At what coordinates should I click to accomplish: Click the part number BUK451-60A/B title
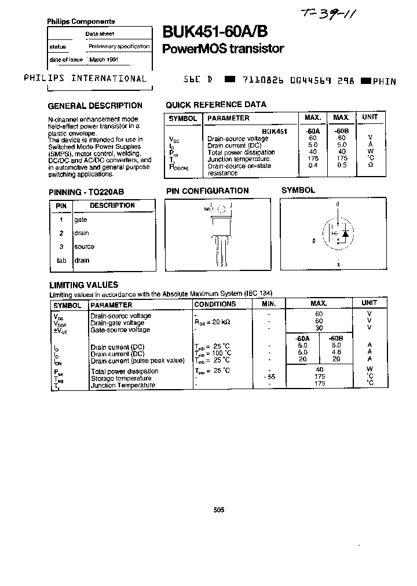[210, 32]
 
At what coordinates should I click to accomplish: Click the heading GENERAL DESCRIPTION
[94, 105]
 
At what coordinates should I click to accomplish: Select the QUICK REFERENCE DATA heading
[216, 105]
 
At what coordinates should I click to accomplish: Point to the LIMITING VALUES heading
[83, 285]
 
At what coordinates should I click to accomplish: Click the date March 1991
[104, 60]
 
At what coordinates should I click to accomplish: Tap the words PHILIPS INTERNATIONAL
[85, 79]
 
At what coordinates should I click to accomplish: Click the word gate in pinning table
[81, 219]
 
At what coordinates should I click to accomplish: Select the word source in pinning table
[84, 247]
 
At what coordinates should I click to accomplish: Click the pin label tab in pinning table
[61, 260]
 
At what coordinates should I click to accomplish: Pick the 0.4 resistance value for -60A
[313, 166]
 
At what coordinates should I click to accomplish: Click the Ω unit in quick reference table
[370, 166]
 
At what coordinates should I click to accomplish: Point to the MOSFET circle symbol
[338, 233]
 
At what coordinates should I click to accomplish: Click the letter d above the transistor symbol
[338, 204]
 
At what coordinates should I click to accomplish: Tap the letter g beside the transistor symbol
[314, 240]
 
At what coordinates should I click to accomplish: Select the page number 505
[218, 510]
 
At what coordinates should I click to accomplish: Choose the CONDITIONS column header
[215, 304]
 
